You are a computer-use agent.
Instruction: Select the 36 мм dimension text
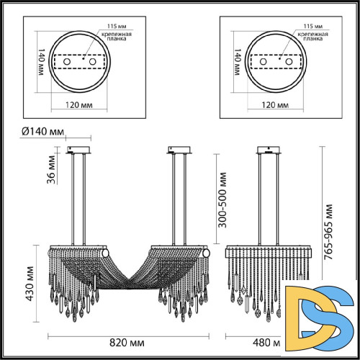[x=51, y=171]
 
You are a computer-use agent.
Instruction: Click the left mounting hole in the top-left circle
[x=67, y=63]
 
